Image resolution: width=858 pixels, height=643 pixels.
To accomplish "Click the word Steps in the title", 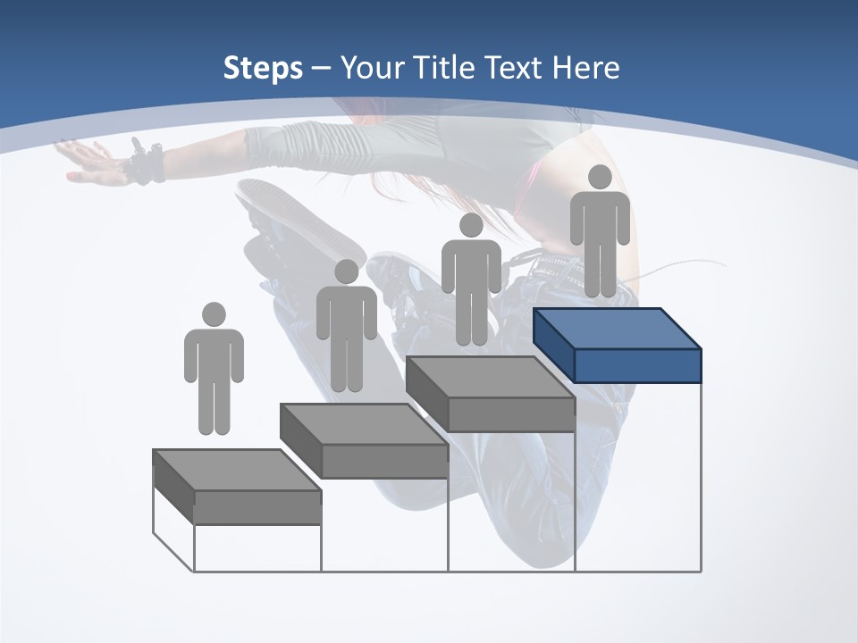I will click(x=263, y=69).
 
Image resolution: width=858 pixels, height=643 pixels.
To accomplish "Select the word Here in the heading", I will click(x=585, y=68).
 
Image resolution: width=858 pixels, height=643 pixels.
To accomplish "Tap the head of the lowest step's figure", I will click(x=214, y=314).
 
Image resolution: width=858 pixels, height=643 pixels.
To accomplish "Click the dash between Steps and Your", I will click(x=322, y=69).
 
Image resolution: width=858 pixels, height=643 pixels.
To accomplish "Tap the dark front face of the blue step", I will click(x=637, y=365).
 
